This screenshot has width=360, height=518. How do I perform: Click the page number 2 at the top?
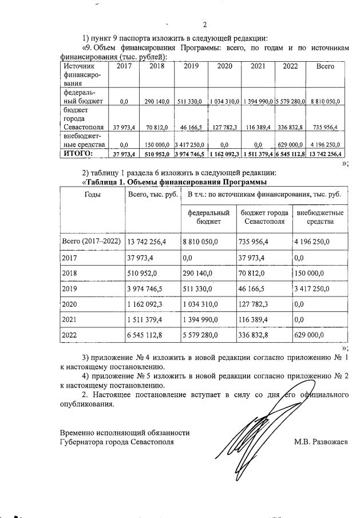pyautogui.click(x=204, y=25)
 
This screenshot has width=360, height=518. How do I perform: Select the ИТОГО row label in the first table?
pyautogui.click(x=78, y=153)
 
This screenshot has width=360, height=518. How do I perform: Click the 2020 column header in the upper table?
pyautogui.click(x=224, y=66)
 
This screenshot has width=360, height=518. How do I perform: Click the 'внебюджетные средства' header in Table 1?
pyautogui.click(x=320, y=217)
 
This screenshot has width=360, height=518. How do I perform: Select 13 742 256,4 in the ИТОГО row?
pyautogui.click(x=326, y=154)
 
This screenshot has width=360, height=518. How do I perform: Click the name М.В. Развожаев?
pyautogui.click(x=321, y=442)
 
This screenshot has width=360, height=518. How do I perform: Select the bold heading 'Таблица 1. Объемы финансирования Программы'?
pyautogui.click(x=175, y=182)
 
